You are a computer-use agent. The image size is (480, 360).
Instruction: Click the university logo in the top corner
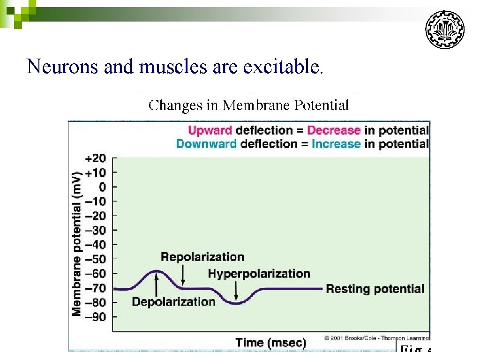click(x=444, y=30)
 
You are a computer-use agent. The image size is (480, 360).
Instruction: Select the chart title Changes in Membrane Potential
click(x=248, y=105)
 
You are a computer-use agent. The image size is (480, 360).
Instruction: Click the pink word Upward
click(x=210, y=130)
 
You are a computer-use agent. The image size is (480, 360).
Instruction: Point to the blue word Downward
click(x=206, y=143)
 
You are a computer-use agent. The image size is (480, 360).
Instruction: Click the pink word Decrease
click(x=334, y=130)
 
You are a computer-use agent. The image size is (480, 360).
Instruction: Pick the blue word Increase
click(x=336, y=143)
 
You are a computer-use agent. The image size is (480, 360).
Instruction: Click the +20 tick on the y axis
click(x=96, y=158)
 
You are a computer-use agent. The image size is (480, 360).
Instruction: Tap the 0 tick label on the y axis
click(x=102, y=187)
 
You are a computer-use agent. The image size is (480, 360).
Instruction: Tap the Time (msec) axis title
click(x=270, y=342)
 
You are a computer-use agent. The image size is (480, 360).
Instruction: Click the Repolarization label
click(x=202, y=257)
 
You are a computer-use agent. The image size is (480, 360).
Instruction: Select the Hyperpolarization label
click(x=259, y=274)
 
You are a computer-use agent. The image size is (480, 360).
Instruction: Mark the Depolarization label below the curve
click(x=173, y=301)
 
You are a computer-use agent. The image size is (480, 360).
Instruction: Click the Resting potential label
click(x=375, y=289)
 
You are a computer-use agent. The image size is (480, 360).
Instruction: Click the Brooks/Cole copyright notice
click(x=376, y=338)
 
